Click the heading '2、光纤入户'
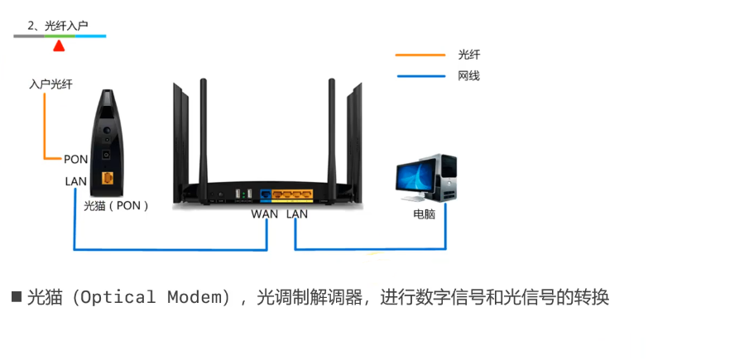click(57, 26)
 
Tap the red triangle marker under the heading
click(59, 46)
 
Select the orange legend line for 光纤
click(420, 55)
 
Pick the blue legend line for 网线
click(420, 76)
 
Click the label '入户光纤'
click(50, 84)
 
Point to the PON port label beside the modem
click(75, 158)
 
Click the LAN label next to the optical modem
click(75, 181)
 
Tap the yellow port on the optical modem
click(107, 178)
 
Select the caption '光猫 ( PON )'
click(117, 205)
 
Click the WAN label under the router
click(266, 214)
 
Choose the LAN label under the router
click(297, 214)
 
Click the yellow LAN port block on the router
click(292, 196)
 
